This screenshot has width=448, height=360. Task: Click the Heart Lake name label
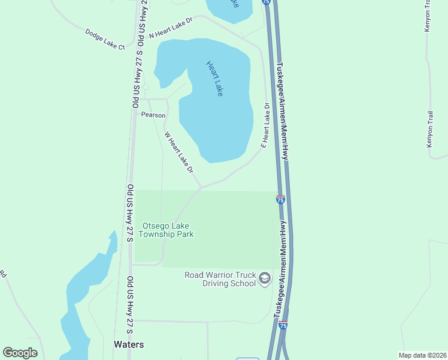[214, 79]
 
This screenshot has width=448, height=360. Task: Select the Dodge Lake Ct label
[105, 39]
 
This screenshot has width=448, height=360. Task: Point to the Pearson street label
[153, 115]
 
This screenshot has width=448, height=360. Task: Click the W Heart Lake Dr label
[179, 153]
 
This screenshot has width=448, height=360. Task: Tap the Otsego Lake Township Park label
[168, 230]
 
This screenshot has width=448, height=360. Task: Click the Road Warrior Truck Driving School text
[220, 279]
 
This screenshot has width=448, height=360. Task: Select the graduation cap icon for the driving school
[265, 279]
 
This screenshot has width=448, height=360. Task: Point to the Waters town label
[129, 344]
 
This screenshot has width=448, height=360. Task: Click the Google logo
[20, 353]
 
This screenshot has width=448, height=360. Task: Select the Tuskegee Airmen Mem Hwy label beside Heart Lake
[283, 111]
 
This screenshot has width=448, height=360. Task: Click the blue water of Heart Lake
[216, 120]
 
